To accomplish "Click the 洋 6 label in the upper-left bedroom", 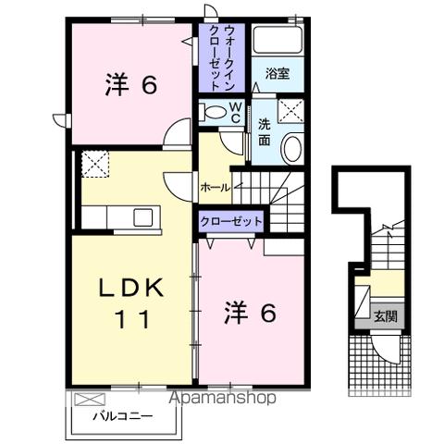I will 129,84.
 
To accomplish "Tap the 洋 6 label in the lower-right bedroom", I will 250,314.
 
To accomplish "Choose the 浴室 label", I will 277,74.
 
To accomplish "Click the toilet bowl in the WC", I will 213,113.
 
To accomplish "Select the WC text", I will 235,113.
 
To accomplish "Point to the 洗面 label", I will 265,131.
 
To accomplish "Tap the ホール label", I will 215,186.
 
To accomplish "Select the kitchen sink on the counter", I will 142,217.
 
